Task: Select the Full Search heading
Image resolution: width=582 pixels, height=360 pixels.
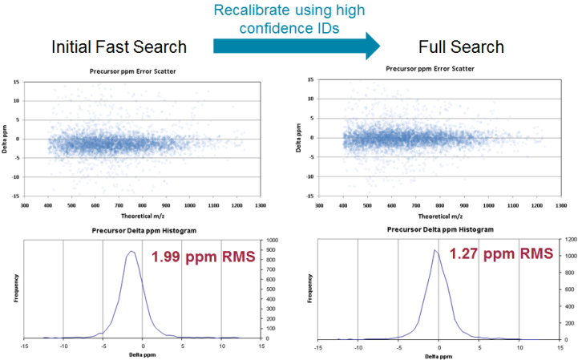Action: tap(462, 47)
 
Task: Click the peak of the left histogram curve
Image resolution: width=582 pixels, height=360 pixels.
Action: tap(132, 252)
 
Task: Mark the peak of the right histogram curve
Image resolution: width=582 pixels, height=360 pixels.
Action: tap(434, 249)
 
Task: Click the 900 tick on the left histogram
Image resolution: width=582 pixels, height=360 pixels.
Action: tap(269, 250)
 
